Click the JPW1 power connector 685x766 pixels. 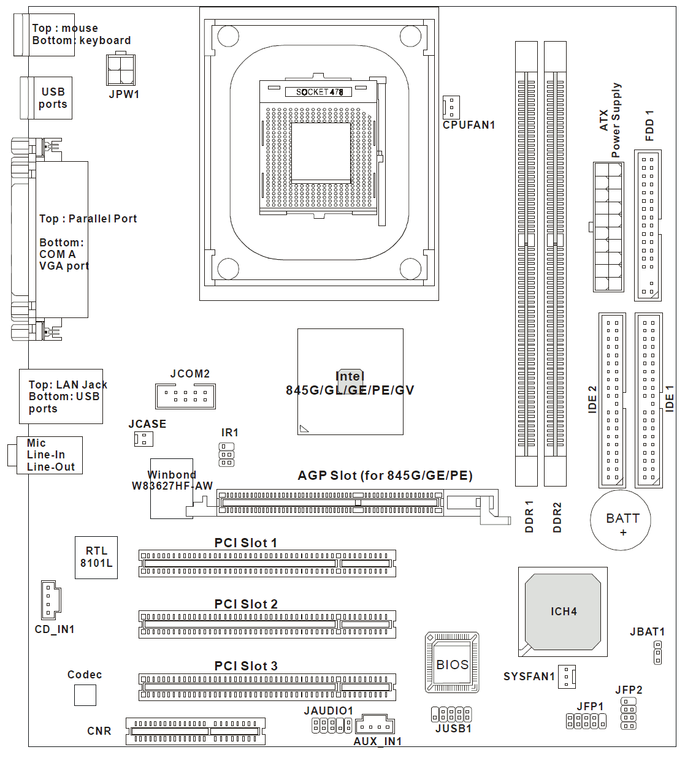click(121, 70)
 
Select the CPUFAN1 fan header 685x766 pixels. click(451, 107)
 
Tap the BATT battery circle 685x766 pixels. click(620, 520)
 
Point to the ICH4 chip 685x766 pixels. click(563, 612)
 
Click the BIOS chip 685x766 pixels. click(452, 663)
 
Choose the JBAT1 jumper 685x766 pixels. click(658, 653)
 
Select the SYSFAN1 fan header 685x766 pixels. click(567, 677)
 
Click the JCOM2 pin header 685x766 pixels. click(185, 396)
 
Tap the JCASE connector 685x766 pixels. click(144, 439)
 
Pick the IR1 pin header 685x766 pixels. click(226, 455)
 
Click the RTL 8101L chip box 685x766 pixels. click(96, 558)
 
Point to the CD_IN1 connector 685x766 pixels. click(50, 599)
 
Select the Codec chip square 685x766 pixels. click(85, 695)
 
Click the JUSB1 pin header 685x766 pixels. click(451, 714)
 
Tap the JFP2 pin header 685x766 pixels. click(629, 713)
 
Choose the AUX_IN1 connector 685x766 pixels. click(374, 725)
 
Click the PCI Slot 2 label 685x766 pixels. click(246, 604)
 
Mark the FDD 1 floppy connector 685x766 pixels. click(648, 226)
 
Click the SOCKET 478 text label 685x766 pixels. click(319, 92)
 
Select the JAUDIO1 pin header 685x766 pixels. click(332, 726)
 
